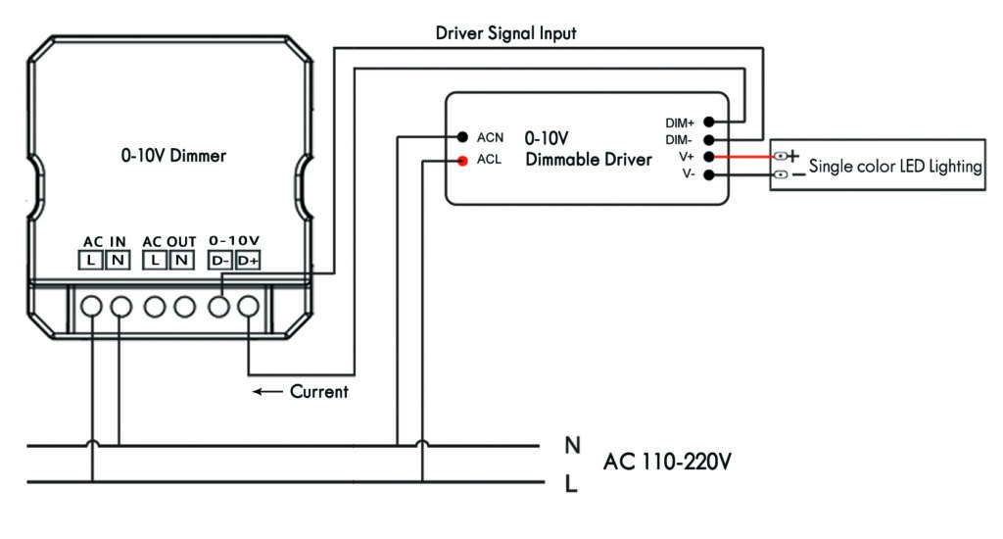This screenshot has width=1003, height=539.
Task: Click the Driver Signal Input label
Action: pos(505,33)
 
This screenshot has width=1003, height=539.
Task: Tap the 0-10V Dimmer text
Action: pos(173,155)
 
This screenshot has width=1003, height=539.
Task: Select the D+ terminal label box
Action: pos(248,261)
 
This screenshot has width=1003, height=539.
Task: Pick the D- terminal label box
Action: pos(220,261)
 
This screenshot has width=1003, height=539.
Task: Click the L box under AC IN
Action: pos(91,261)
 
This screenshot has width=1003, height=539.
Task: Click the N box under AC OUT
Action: pos(182,261)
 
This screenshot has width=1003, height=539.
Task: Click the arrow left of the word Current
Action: pos(266,392)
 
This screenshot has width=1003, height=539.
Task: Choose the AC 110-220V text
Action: pos(667,462)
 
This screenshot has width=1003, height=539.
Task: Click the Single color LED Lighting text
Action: pos(895,167)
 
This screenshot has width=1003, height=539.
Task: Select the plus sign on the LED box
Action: pos(793,156)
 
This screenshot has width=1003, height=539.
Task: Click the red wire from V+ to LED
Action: pos(749,157)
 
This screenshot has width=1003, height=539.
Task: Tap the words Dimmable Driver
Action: pos(588,159)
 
